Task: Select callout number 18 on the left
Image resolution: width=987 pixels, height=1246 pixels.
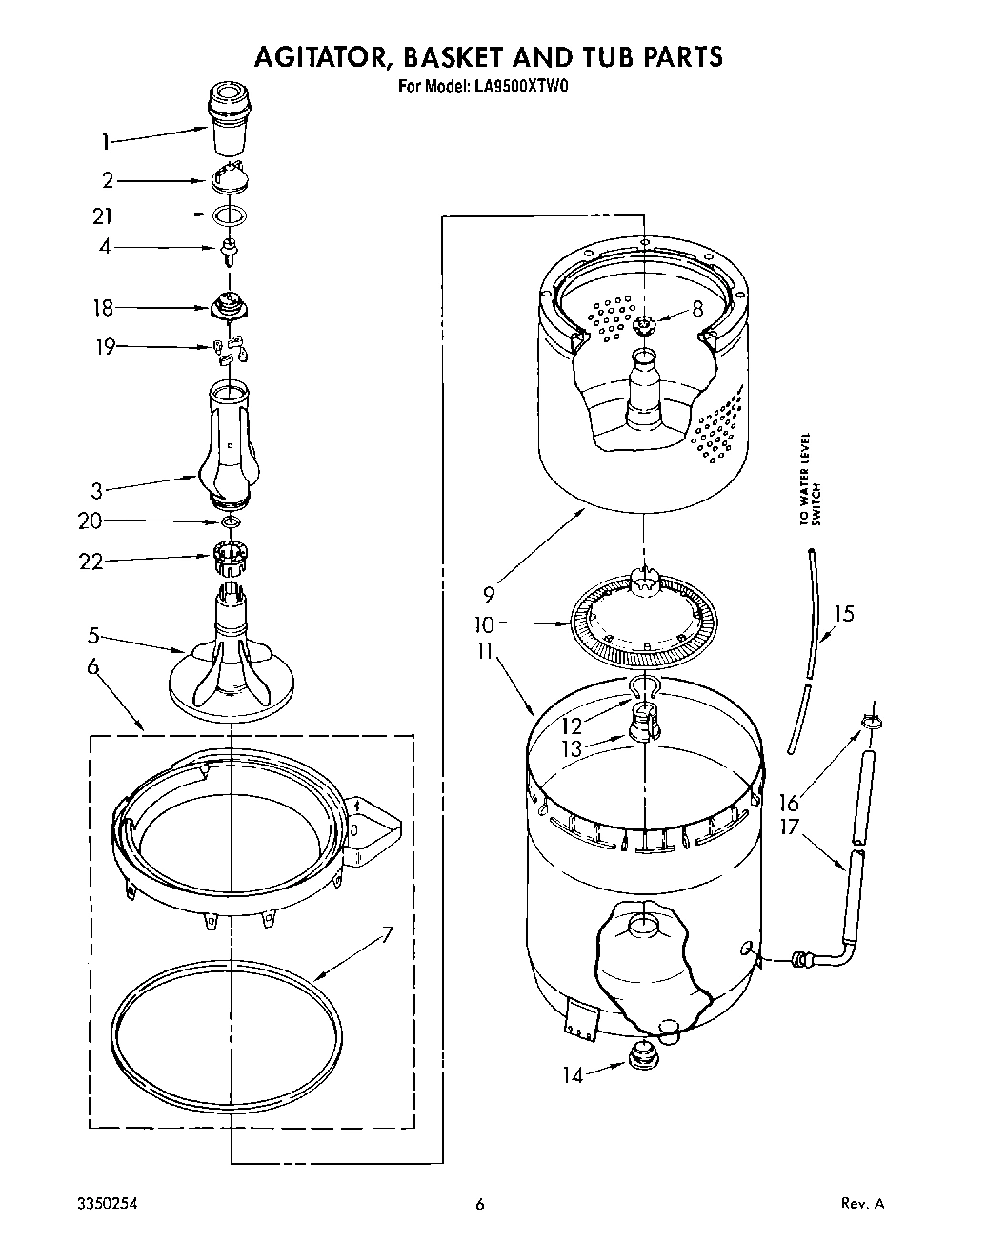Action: click(x=103, y=308)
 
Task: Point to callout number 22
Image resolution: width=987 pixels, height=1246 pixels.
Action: click(x=91, y=562)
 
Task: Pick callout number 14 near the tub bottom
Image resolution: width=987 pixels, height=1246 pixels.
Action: click(x=572, y=1074)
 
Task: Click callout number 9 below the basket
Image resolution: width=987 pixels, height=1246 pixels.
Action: click(x=489, y=595)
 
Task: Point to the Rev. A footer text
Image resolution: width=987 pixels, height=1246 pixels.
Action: click(x=863, y=1204)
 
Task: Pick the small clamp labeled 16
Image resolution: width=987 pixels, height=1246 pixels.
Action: click(x=869, y=722)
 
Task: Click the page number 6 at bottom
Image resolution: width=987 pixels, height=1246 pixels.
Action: click(x=480, y=1204)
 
